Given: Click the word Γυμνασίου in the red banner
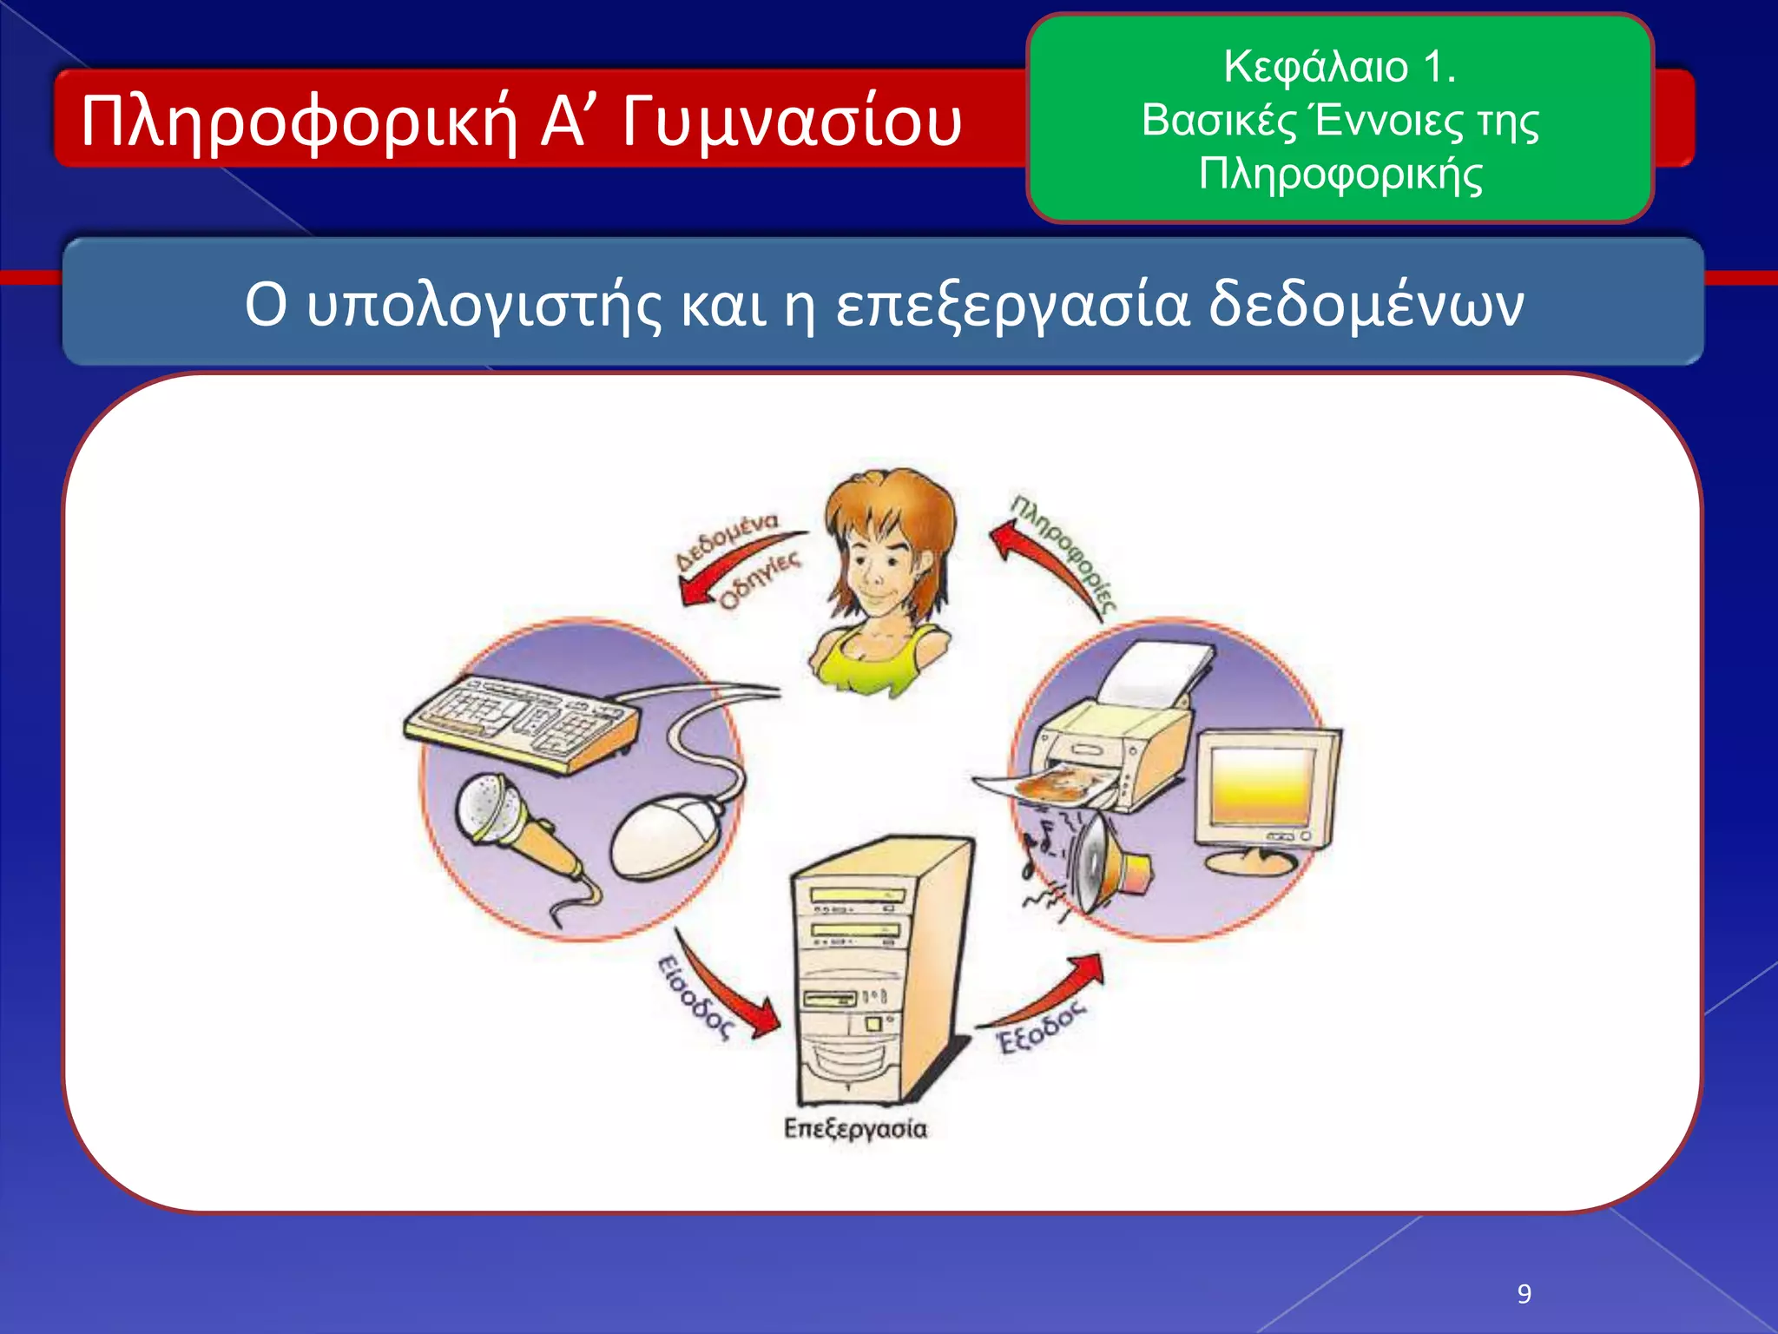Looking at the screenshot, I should [792, 122].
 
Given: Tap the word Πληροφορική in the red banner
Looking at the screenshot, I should [299, 122].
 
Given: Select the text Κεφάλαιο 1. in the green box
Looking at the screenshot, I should [1340, 67].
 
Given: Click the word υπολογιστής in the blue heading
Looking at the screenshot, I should [484, 306].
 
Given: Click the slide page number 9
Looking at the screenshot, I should [1524, 1294].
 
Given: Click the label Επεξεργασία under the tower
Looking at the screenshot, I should [855, 1128].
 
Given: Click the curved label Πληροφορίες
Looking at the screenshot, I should [1064, 551].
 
